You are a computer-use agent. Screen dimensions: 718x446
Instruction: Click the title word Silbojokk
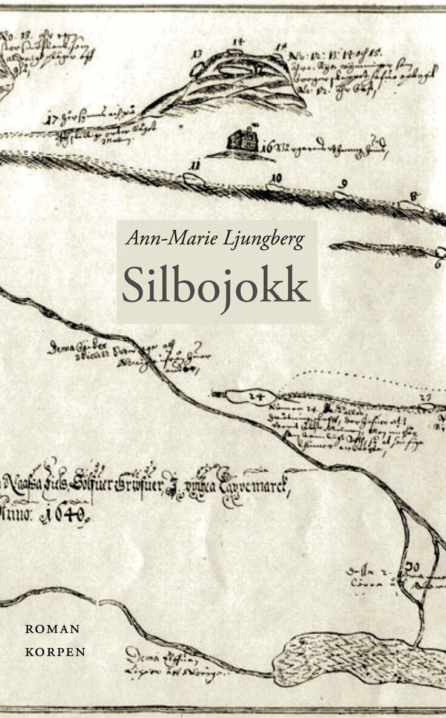tap(216, 284)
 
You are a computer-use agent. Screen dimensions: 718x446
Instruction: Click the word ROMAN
tap(52, 629)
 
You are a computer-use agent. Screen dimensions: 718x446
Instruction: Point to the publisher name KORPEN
tap(55, 652)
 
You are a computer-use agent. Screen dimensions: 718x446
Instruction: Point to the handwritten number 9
tap(344, 183)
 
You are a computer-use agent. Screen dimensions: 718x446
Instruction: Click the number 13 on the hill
tap(197, 54)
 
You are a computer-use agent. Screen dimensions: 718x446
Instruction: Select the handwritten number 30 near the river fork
tap(414, 566)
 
